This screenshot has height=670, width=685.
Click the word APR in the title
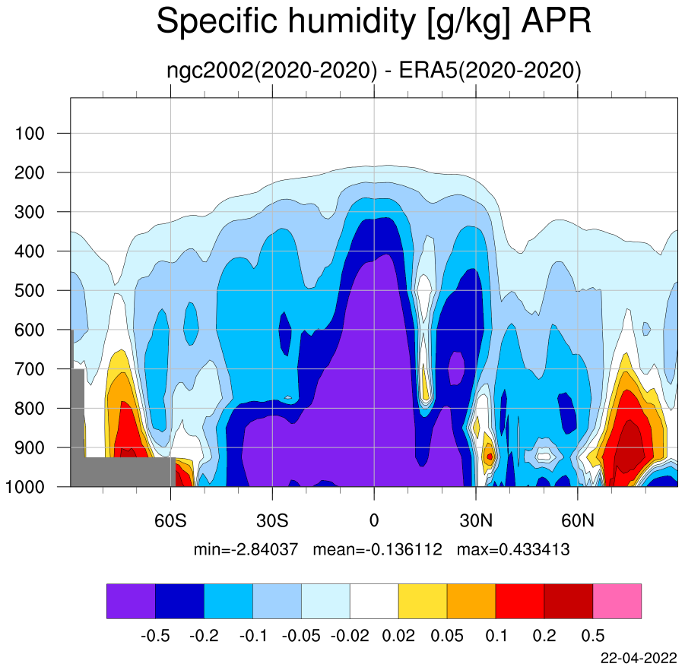tap(556, 21)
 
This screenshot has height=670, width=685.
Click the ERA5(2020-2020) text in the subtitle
tap(490, 71)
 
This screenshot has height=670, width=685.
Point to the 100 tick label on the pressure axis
tap(30, 133)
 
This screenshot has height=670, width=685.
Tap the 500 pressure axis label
tap(30, 291)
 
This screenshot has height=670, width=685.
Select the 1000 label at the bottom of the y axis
tap(25, 487)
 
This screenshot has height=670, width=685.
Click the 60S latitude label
tap(170, 520)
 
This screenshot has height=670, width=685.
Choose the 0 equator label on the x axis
tap(374, 520)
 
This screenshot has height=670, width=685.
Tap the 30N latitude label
tap(476, 520)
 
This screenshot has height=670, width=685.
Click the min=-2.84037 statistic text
tap(246, 549)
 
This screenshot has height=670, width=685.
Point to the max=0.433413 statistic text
tap(513, 549)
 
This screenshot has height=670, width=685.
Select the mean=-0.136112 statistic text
tap(377, 549)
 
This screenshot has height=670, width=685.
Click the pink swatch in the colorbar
tap(617, 601)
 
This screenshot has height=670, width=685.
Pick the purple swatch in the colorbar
tap(131, 601)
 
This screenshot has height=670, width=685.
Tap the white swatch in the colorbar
tap(374, 601)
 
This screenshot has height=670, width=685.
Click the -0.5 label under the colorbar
tap(155, 636)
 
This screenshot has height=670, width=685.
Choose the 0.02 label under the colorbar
tap(398, 636)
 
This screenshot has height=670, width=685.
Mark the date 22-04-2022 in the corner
tap(639, 658)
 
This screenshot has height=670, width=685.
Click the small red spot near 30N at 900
tap(490, 457)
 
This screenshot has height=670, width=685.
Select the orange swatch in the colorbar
tap(471, 601)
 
